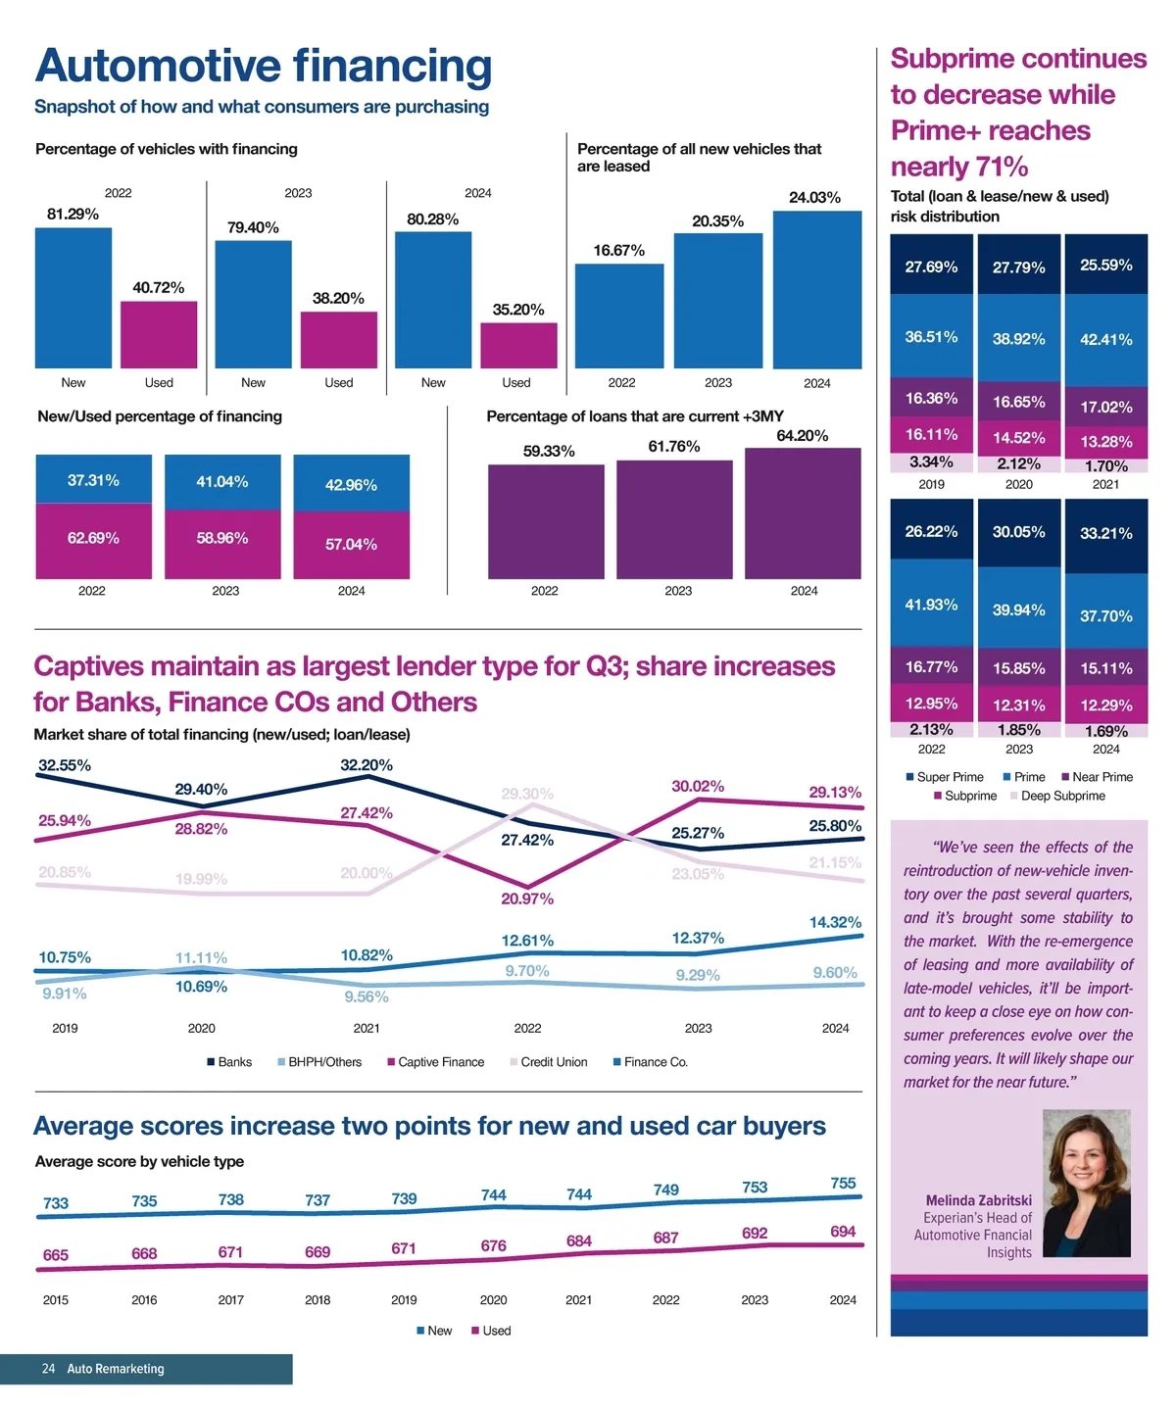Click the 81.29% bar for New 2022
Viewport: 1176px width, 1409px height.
(73, 298)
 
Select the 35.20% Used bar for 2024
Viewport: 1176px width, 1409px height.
(518, 345)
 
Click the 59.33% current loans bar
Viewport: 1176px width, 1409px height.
(546, 521)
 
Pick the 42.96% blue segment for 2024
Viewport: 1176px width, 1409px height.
(351, 483)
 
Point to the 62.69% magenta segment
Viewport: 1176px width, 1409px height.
(93, 540)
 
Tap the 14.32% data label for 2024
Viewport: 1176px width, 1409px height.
(835, 922)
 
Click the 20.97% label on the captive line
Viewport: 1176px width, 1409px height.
(527, 899)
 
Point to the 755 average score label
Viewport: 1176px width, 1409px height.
(843, 1184)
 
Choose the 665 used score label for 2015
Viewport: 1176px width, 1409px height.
(56, 1255)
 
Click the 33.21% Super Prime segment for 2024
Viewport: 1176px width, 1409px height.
(1105, 535)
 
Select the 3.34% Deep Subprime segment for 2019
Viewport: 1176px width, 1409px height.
(931, 462)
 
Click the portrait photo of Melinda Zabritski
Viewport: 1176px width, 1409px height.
(1086, 1183)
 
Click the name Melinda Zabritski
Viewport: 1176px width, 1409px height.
(978, 1200)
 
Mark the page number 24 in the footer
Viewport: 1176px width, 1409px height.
(48, 1369)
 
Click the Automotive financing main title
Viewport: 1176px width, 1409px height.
(264, 67)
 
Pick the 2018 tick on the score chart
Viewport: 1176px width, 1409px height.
(318, 1300)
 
